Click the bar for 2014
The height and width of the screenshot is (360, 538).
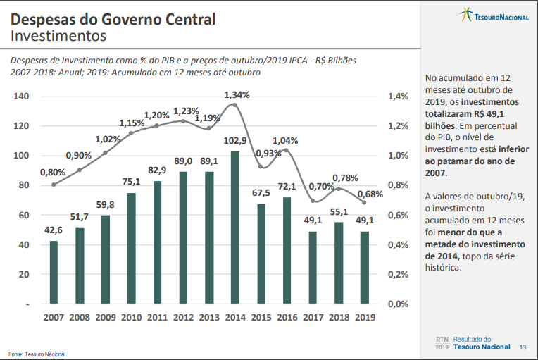click(x=235, y=228)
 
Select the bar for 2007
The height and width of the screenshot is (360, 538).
click(x=54, y=272)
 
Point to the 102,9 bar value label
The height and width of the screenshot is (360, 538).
click(x=235, y=142)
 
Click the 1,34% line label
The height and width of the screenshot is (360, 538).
click(x=237, y=94)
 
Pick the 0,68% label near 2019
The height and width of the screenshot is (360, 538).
click(x=370, y=194)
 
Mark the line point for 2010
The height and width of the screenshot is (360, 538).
click(x=131, y=132)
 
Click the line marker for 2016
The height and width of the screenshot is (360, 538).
click(x=287, y=150)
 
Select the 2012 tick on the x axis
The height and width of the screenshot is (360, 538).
click(x=183, y=318)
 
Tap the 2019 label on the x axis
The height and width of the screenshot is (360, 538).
click(x=365, y=318)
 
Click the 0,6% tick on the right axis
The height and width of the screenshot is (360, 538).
click(x=399, y=216)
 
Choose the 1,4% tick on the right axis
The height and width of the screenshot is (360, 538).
click(x=399, y=97)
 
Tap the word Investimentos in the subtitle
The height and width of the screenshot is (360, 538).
click(x=58, y=35)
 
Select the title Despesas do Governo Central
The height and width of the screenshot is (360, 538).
click(x=113, y=18)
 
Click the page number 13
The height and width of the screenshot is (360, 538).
click(x=522, y=347)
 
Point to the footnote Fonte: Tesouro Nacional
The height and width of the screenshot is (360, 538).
click(x=37, y=353)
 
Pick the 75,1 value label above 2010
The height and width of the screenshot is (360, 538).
click(x=131, y=182)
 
